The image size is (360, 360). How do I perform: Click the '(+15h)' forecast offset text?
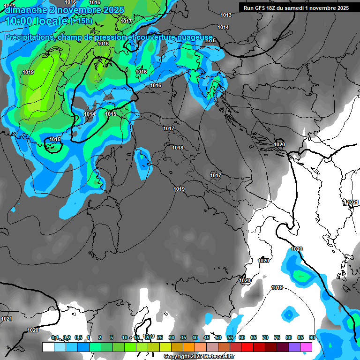(x=81, y=21)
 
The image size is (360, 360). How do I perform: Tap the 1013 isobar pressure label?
(x=226, y=15)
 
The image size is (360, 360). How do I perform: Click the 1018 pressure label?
(x=178, y=148)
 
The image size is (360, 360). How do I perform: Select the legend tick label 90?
(x=312, y=337)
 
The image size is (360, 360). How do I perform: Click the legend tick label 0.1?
(x=55, y=337)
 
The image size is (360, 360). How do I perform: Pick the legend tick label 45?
(x=207, y=337)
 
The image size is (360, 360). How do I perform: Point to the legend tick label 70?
(x=265, y=337)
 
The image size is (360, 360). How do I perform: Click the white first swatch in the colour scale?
(x=48, y=347)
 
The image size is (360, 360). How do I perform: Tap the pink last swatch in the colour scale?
(x=306, y=347)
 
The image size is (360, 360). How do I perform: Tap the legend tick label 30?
(x=172, y=337)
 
